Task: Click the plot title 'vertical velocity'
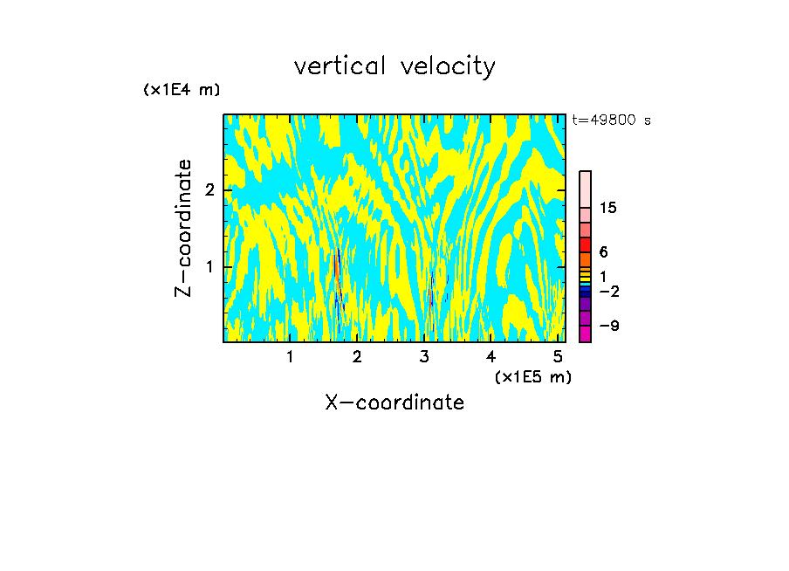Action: (394, 66)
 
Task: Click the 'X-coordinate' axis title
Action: (394, 402)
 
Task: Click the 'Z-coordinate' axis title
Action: (183, 228)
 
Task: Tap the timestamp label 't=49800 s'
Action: (611, 120)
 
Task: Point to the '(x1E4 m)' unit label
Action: (182, 90)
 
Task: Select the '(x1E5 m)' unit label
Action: (532, 376)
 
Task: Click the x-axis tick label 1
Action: (290, 356)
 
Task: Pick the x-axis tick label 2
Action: (357, 356)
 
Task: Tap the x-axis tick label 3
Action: (424, 356)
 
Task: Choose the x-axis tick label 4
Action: (491, 356)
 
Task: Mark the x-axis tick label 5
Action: (558, 356)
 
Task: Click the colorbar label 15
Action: (608, 208)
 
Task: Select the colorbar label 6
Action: (603, 252)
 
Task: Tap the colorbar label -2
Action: (608, 291)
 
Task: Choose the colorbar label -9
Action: (608, 326)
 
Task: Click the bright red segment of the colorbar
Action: (585, 244)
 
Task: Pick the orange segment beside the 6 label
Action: (585, 259)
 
